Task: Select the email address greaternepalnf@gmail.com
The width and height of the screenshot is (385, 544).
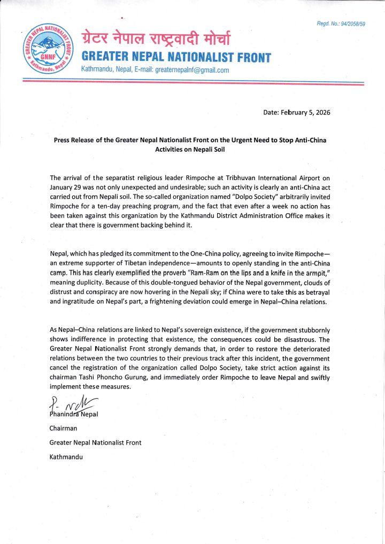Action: point(192,70)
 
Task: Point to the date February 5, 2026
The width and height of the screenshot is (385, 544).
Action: point(301,113)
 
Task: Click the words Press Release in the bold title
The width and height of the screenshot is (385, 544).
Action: point(78,140)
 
